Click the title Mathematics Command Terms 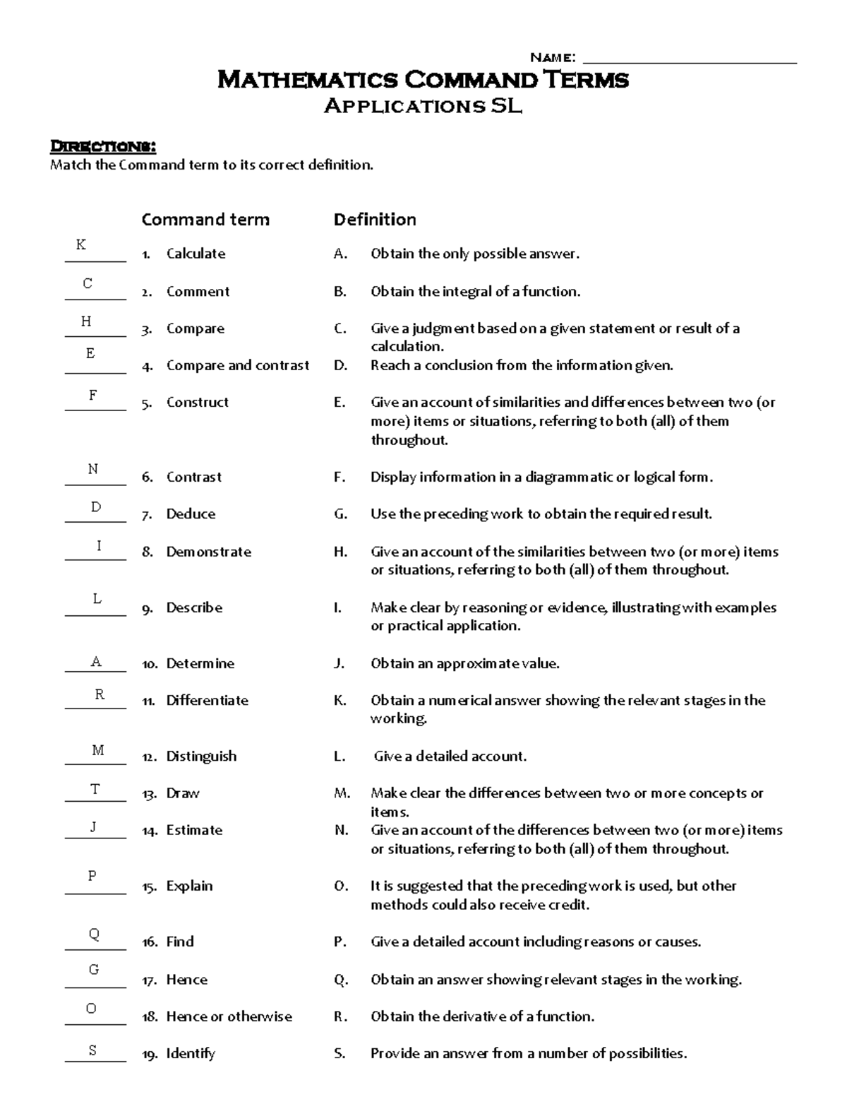pos(423,79)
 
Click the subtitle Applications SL pos(423,106)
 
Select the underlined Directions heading pos(102,146)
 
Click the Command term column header pos(205,220)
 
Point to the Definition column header pos(375,220)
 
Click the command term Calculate pos(196,254)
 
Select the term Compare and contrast pos(237,365)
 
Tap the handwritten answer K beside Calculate pos(81,244)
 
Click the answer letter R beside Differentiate pos(100,694)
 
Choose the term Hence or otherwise pos(229,1016)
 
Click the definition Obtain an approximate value pos(464,663)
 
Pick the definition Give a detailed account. pos(450,757)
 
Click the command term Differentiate pos(207,700)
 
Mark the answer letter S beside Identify pos(92,1050)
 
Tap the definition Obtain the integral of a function pos(475,291)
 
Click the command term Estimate pos(194,830)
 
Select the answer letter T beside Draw pos(95,789)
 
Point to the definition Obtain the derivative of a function pos(482,1016)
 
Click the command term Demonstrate pos(208,552)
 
